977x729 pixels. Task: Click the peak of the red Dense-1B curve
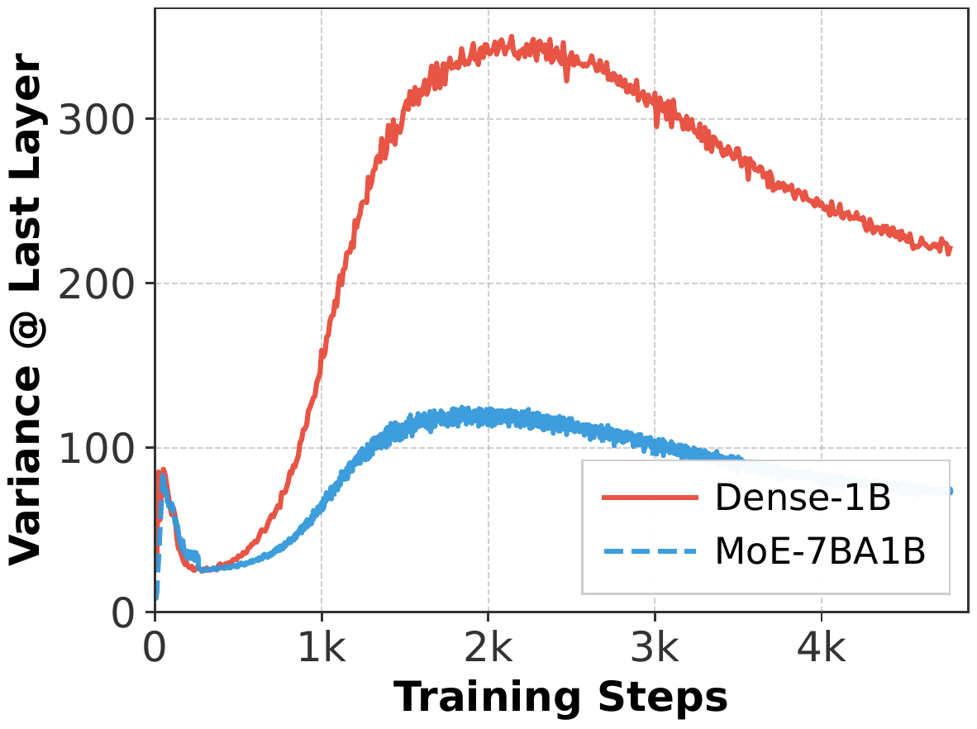point(512,37)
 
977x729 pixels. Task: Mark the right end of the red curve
point(951,248)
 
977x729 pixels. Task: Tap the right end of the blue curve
point(951,491)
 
